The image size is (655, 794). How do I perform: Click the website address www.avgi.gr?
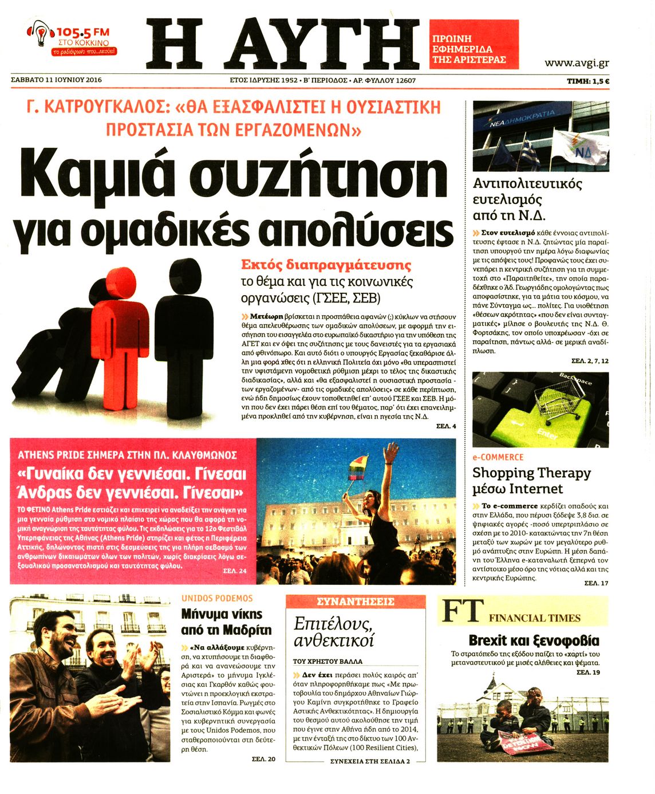[x=576, y=63]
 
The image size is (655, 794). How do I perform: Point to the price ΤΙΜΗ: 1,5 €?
[x=587, y=81]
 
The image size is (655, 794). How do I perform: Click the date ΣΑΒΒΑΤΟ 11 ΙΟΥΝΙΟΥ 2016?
[x=56, y=80]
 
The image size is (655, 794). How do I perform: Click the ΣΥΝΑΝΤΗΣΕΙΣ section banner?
[x=356, y=602]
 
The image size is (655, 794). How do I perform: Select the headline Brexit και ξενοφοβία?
[x=534, y=640]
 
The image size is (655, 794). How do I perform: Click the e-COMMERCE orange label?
[x=498, y=457]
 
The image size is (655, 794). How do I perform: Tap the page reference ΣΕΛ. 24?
[x=235, y=571]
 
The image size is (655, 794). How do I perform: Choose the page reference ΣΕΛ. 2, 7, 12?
[x=590, y=361]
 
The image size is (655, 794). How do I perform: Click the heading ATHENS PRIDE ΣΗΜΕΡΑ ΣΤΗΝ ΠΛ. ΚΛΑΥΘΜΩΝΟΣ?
[x=127, y=455]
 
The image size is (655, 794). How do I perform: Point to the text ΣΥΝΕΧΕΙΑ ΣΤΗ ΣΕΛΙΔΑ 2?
[x=370, y=761]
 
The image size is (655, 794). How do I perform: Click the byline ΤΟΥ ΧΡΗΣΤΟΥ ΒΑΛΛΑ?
[x=328, y=661]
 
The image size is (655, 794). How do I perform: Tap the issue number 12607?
[x=404, y=81]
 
